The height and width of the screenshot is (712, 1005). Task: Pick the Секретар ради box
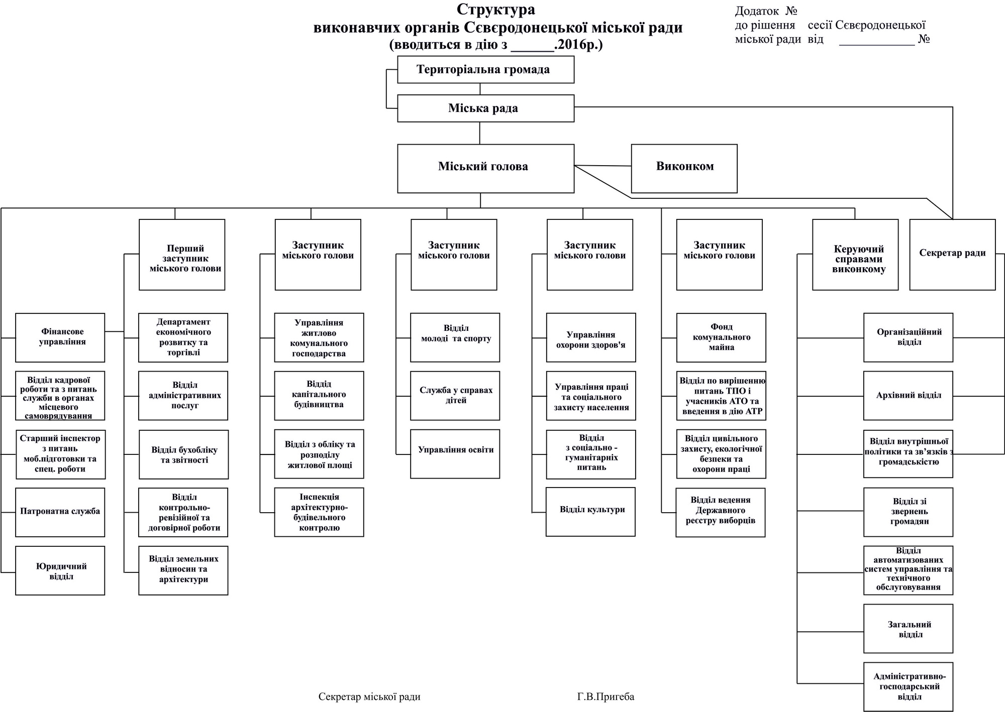(x=952, y=254)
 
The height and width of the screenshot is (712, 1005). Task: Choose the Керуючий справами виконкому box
(x=855, y=254)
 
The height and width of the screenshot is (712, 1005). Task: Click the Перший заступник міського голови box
(x=182, y=254)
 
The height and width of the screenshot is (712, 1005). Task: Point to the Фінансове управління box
(x=60, y=337)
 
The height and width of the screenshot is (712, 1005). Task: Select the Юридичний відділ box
(x=60, y=570)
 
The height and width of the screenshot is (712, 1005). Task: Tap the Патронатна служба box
(x=60, y=512)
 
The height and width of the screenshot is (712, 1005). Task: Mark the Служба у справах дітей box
(x=455, y=396)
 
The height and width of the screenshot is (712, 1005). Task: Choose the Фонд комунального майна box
(x=721, y=337)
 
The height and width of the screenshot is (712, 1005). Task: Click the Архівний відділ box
(x=908, y=396)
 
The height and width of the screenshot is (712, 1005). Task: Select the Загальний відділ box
(x=908, y=629)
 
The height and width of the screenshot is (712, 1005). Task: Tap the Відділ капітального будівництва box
(x=319, y=396)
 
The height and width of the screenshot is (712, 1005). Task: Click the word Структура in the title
(x=495, y=10)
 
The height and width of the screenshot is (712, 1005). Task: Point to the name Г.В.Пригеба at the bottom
(x=606, y=697)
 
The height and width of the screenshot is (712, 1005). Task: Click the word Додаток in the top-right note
(x=757, y=11)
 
